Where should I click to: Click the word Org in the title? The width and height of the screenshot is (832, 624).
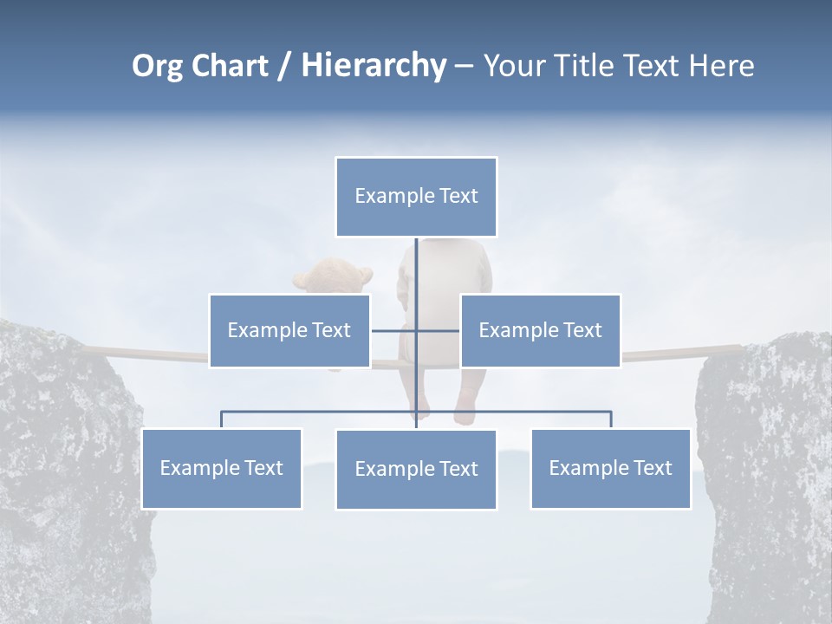point(157,66)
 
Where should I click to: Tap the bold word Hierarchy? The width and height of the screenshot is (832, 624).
point(374,66)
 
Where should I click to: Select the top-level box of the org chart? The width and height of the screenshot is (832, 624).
point(416,197)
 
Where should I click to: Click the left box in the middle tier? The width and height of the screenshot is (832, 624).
point(289,330)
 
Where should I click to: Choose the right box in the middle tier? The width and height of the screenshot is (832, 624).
point(540,330)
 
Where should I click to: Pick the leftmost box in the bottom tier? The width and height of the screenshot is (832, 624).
point(222,468)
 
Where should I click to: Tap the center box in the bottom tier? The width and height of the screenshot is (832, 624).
point(416,469)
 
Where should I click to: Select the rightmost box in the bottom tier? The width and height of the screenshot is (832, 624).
point(610,468)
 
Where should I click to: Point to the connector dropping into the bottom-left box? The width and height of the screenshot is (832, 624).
point(222,419)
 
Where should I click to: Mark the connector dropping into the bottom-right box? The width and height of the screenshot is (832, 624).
point(611,419)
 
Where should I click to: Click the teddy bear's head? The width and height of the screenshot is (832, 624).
point(333,276)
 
